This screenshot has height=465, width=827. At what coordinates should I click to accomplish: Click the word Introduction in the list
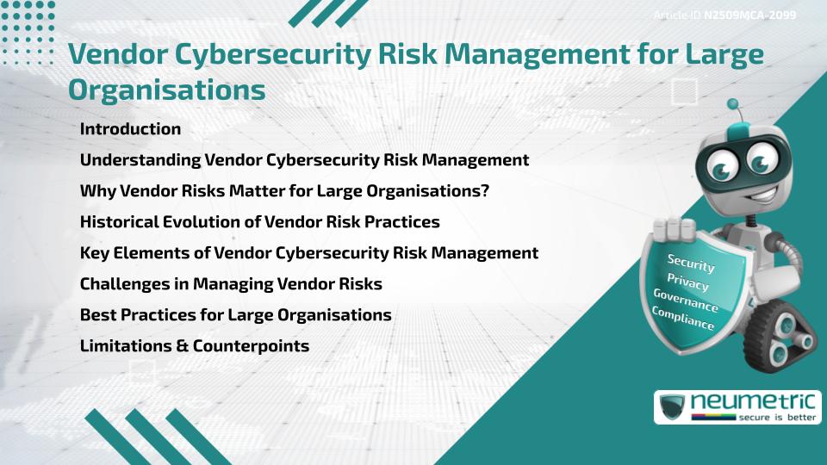[x=130, y=128]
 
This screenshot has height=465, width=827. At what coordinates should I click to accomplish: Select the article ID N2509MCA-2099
[x=750, y=15]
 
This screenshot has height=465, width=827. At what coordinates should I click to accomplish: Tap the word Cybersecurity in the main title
[x=273, y=55]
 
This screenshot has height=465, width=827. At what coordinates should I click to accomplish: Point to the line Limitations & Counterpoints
[x=195, y=346]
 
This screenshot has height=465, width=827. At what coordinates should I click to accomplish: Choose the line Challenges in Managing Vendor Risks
[x=231, y=283]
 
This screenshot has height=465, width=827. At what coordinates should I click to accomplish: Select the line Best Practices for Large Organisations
[x=236, y=315]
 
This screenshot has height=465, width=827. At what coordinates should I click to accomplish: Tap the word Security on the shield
[x=691, y=263]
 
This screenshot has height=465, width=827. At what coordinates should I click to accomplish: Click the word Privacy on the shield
[x=687, y=282]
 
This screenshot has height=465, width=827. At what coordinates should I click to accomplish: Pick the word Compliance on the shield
[x=683, y=319]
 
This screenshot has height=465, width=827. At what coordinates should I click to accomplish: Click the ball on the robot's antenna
[x=732, y=104]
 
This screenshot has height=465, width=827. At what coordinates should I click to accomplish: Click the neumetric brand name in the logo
[x=753, y=402]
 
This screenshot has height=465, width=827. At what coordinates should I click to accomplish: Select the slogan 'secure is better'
[x=777, y=417]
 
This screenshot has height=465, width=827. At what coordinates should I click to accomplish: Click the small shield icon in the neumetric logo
[x=673, y=406]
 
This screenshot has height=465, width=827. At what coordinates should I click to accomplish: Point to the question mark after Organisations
[x=485, y=191]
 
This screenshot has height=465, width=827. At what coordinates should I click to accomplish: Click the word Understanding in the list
[x=140, y=160]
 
